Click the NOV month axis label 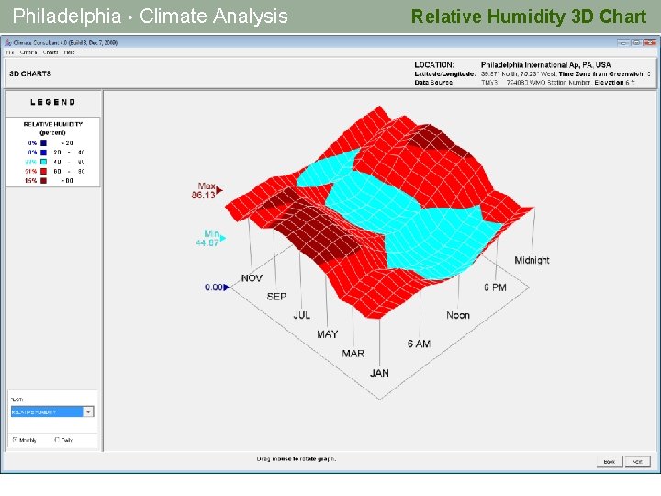252,278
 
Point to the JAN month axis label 379,373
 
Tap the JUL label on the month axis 301,315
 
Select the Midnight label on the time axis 532,260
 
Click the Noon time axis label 457,315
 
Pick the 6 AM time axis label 419,344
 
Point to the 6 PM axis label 495,287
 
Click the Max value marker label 205,190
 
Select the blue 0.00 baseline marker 216,287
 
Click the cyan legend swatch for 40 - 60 44,161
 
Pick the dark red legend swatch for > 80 44,180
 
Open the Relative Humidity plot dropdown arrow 88,411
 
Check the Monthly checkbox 15,439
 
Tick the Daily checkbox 58,439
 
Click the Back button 609,461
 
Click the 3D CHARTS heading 30,73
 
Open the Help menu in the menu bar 70,52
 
